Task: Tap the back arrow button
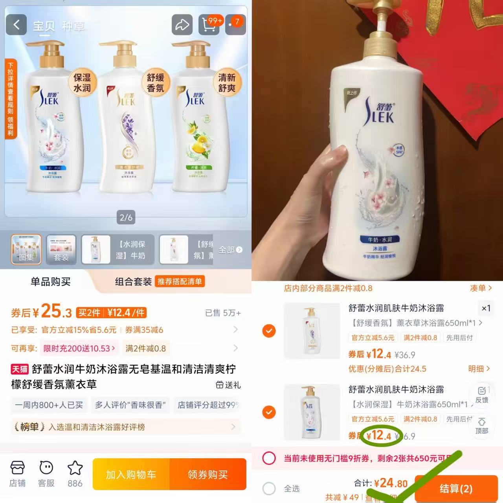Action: point(16,25)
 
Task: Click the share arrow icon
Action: point(182,25)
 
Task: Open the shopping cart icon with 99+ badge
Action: point(209,25)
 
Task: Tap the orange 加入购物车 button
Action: point(131,474)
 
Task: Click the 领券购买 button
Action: point(207,474)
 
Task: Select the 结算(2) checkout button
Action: point(456,488)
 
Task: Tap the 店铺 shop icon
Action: point(18,474)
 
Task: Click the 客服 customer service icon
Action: point(46,474)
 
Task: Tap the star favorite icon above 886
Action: point(75,468)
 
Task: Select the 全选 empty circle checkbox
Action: point(269,488)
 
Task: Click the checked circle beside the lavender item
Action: point(269,331)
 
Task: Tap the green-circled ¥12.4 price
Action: point(380,435)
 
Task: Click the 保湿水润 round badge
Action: point(82,83)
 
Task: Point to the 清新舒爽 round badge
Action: point(227,83)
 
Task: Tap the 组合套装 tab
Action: point(133,281)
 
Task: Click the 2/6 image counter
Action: point(126,217)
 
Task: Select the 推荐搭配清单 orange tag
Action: point(180,281)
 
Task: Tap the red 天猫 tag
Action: point(20,369)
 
